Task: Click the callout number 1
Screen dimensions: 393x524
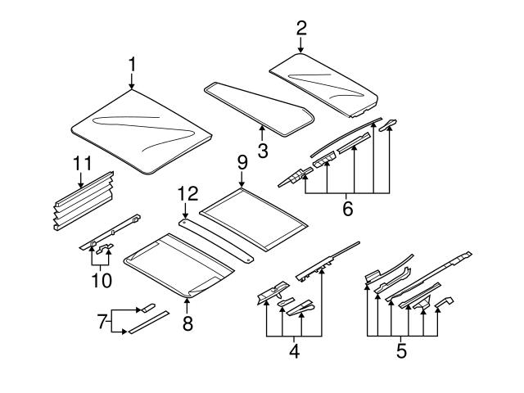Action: (x=132, y=64)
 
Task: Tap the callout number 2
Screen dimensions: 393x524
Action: (x=300, y=28)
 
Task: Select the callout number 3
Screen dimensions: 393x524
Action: (x=263, y=151)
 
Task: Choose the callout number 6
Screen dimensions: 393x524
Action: (x=347, y=210)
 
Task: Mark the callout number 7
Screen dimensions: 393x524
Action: (x=102, y=322)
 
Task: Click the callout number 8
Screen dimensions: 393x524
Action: (x=187, y=324)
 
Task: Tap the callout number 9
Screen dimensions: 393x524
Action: (x=242, y=163)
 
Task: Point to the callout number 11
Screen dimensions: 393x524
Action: (x=80, y=164)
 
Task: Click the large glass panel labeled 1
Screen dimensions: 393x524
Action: (x=143, y=131)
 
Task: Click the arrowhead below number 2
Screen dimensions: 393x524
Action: (x=300, y=50)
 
